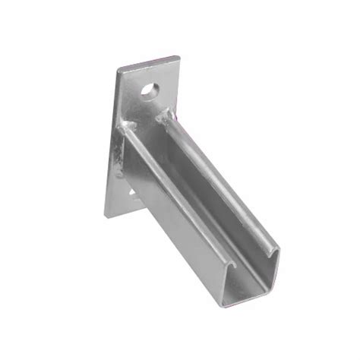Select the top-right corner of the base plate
[179, 56]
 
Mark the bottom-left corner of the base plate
[105, 217]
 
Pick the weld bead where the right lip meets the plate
[163, 115]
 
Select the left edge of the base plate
[112, 144]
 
